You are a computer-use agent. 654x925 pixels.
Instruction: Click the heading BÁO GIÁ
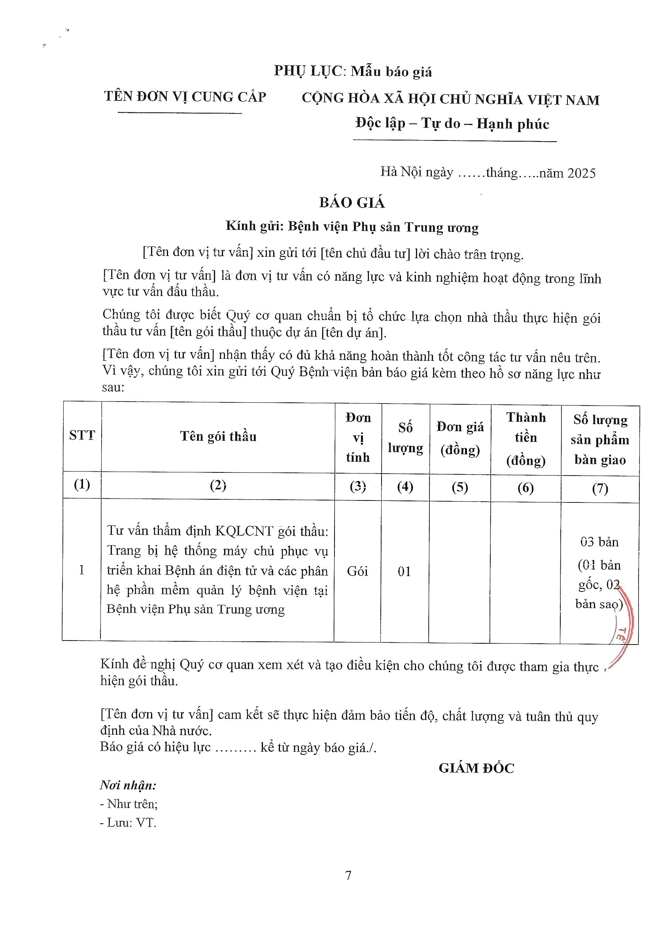pyautogui.click(x=352, y=202)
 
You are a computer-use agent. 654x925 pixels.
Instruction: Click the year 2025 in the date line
pyautogui.click(x=581, y=173)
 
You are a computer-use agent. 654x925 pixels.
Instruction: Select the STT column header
pyautogui.click(x=82, y=436)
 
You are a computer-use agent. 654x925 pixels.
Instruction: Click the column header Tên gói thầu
pyautogui.click(x=218, y=436)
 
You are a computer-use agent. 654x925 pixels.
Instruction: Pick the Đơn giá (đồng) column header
pyautogui.click(x=460, y=438)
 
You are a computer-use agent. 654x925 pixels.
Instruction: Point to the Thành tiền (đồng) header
pyautogui.click(x=525, y=438)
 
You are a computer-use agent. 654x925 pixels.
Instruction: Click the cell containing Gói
pyautogui.click(x=357, y=571)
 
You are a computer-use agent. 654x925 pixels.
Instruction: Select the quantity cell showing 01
pyautogui.click(x=404, y=571)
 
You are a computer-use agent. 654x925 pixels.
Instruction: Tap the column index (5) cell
pyautogui.click(x=460, y=487)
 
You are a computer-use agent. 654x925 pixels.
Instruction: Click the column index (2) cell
pyautogui.click(x=218, y=486)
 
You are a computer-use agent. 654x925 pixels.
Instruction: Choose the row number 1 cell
pyautogui.click(x=82, y=570)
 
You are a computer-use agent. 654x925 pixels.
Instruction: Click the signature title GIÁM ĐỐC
pyautogui.click(x=476, y=768)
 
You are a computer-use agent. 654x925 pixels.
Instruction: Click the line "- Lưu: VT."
pyautogui.click(x=128, y=822)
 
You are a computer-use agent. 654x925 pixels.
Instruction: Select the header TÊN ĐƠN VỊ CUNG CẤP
pyautogui.click(x=185, y=97)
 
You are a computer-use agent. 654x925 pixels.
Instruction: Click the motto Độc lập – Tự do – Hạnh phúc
pyautogui.click(x=452, y=123)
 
